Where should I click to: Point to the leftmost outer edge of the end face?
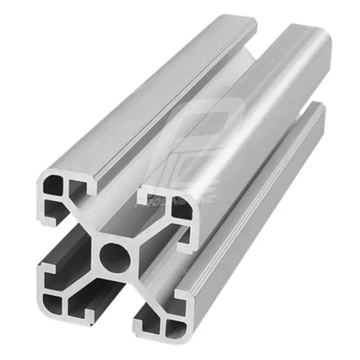35,238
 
